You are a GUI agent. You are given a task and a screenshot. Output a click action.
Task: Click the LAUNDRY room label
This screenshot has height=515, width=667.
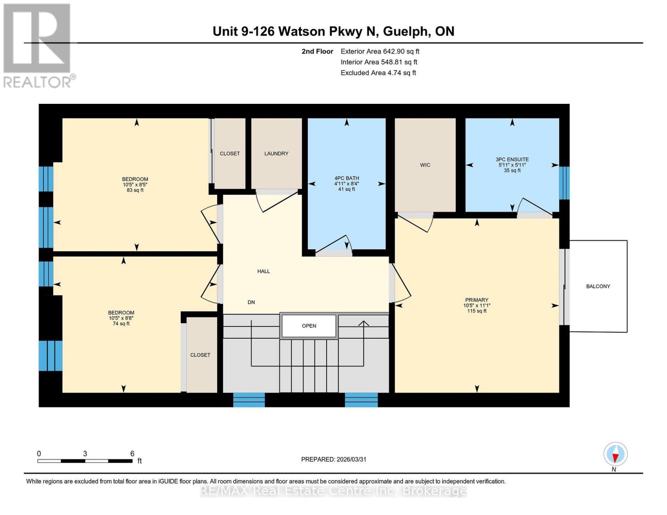point(276,154)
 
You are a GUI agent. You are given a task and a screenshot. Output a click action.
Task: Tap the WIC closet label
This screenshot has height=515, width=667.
point(425,165)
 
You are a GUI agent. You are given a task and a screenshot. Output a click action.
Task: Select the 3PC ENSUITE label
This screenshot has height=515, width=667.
point(512,159)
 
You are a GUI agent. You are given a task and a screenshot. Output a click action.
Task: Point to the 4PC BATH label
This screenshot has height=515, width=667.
point(346,178)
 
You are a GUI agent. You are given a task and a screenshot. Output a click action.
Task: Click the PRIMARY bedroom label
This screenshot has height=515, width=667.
point(476,300)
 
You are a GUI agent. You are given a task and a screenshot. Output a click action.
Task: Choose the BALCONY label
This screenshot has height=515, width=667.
point(598,286)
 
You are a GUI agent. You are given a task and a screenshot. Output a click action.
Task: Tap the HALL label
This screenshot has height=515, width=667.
point(264,271)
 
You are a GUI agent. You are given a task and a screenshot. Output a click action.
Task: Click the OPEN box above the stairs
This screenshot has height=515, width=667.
point(309,326)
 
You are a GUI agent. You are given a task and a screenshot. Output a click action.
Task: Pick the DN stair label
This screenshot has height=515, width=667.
point(251,302)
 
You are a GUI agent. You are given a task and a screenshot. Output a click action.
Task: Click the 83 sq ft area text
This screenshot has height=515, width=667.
point(135,190)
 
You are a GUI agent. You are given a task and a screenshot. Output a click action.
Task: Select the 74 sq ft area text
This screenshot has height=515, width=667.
point(121,324)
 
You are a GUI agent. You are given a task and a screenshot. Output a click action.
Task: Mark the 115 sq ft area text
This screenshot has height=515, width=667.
point(476,311)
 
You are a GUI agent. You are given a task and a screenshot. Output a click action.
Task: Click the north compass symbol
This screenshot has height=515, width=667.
point(615,454)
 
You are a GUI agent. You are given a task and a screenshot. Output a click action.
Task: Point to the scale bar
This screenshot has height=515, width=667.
point(85,461)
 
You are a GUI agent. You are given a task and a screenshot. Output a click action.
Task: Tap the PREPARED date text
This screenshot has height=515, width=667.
point(333,459)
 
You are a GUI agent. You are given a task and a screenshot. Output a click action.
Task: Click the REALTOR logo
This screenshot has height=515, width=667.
point(37,45)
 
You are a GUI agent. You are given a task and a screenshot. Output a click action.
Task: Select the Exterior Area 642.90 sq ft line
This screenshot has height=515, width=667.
point(380,51)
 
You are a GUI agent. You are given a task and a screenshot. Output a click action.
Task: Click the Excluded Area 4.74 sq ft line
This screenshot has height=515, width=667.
point(378,73)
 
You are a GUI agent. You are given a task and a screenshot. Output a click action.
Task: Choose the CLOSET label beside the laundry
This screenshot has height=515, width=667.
point(230,154)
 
